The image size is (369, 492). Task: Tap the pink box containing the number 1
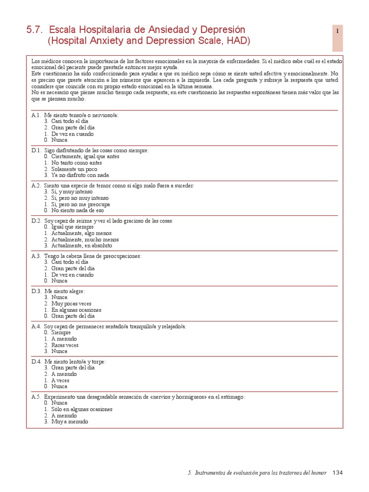(x=338, y=38)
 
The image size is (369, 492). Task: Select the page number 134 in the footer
(x=338, y=473)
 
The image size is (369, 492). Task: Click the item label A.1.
(x=37, y=115)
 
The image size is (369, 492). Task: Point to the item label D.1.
(x=37, y=150)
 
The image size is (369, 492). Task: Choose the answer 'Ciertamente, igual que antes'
(x=85, y=157)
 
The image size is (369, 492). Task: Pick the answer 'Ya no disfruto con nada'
(x=80, y=175)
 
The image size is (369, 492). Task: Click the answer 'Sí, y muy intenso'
(x=73, y=192)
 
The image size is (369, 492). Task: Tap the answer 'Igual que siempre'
(x=72, y=227)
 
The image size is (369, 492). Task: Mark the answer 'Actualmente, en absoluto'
(x=81, y=246)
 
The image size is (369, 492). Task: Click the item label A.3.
(x=37, y=256)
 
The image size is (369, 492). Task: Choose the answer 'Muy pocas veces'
(x=71, y=304)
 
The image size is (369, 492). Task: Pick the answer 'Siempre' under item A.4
(x=61, y=332)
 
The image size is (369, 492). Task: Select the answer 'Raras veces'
(x=65, y=345)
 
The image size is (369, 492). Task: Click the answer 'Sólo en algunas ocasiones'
(x=82, y=409)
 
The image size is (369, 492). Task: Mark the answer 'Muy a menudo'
(x=70, y=422)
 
